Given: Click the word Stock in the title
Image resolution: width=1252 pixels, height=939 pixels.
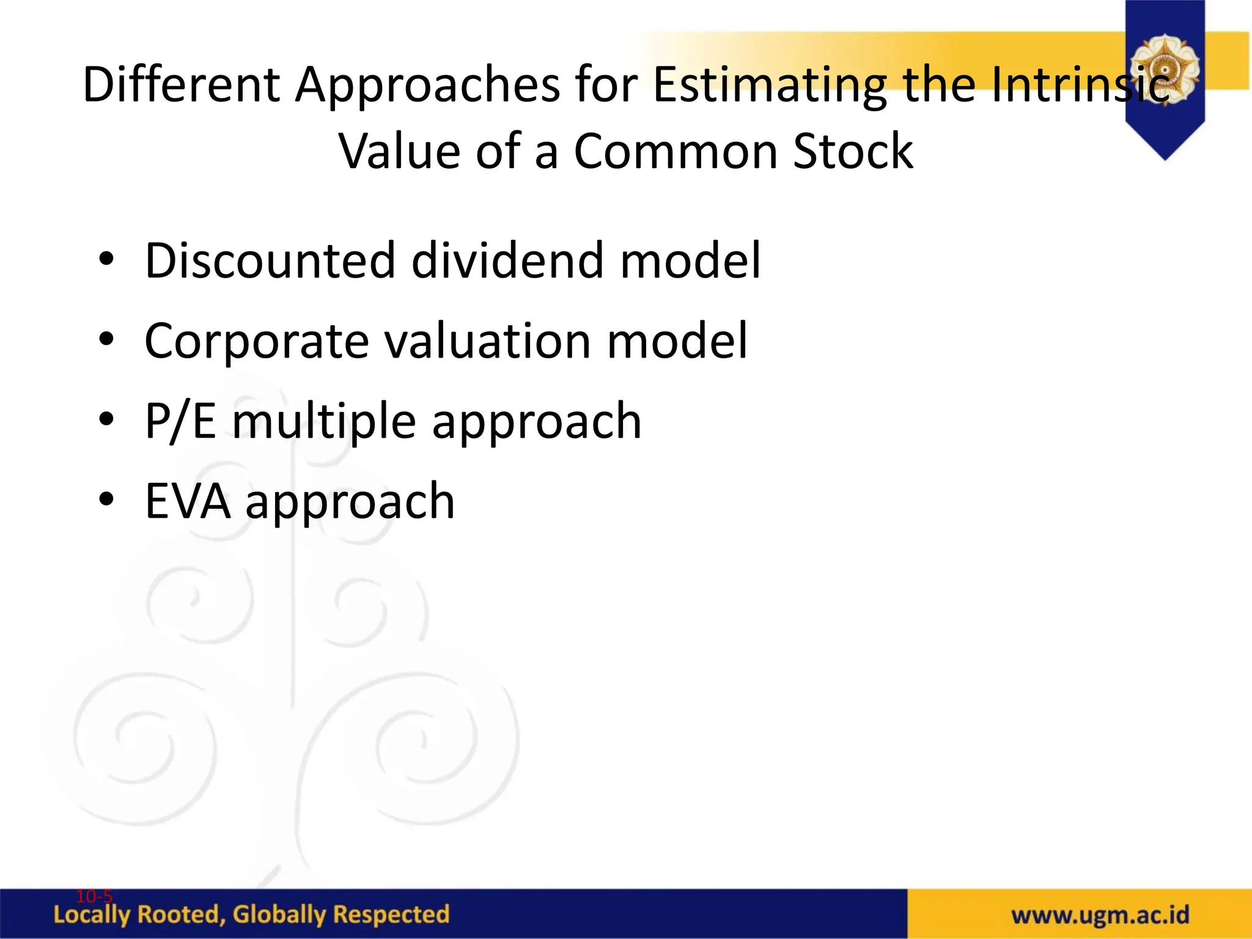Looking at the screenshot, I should tap(852, 151).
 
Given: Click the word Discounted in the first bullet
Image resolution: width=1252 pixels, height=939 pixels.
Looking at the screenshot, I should tap(270, 260).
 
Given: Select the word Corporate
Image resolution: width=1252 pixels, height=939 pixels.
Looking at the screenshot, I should tap(256, 341).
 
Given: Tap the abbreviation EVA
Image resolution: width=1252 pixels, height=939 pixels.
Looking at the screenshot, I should tap(188, 501).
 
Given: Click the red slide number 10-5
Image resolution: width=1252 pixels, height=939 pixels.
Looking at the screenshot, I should tap(94, 896).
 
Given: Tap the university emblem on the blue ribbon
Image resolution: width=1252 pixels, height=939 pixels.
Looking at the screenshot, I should tap(1165, 67).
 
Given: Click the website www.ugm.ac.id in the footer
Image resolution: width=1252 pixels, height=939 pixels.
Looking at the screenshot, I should tap(1100, 915).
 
